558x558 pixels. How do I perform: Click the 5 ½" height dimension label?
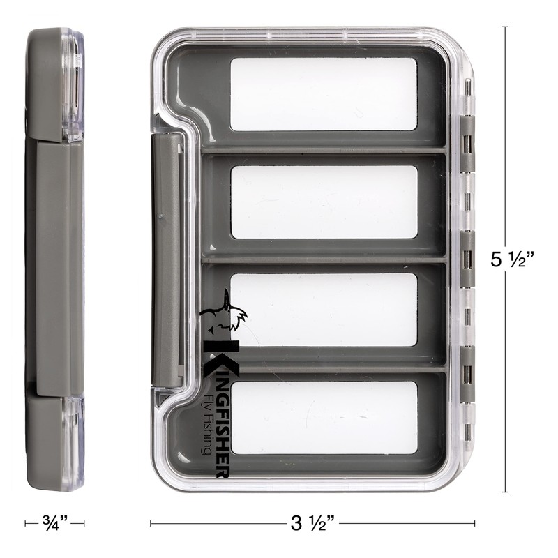pyautogui.click(x=512, y=260)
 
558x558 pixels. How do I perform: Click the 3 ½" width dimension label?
pyautogui.click(x=313, y=522)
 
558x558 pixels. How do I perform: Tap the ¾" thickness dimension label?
pyautogui.click(x=54, y=522)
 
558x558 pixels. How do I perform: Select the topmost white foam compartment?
pyautogui.click(x=323, y=94)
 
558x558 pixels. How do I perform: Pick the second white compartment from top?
pyautogui.click(x=323, y=202)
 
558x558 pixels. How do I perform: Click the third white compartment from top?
pyautogui.click(x=323, y=309)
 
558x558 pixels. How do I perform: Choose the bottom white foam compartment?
pyautogui.click(x=323, y=417)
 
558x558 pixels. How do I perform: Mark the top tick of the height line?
pyautogui.click(x=504, y=27)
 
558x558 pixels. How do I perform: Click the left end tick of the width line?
pyautogui.click(x=151, y=522)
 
